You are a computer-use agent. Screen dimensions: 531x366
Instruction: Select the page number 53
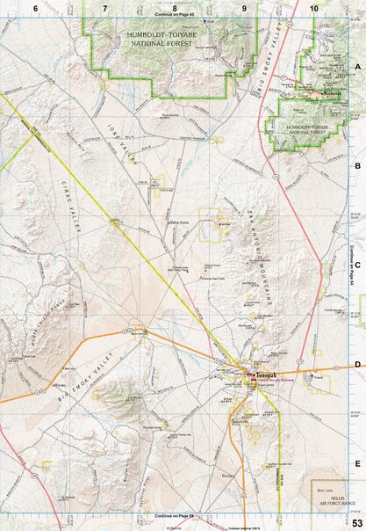point(356,524)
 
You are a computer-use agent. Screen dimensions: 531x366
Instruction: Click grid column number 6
point(35,7)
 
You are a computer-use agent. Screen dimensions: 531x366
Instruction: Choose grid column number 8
point(175,7)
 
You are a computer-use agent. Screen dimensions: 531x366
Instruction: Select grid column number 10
point(314,7)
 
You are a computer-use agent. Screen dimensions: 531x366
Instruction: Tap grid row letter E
point(357,463)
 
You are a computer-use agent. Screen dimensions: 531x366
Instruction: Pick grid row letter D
point(357,364)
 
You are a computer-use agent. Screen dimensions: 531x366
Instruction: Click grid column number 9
point(245,7)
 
